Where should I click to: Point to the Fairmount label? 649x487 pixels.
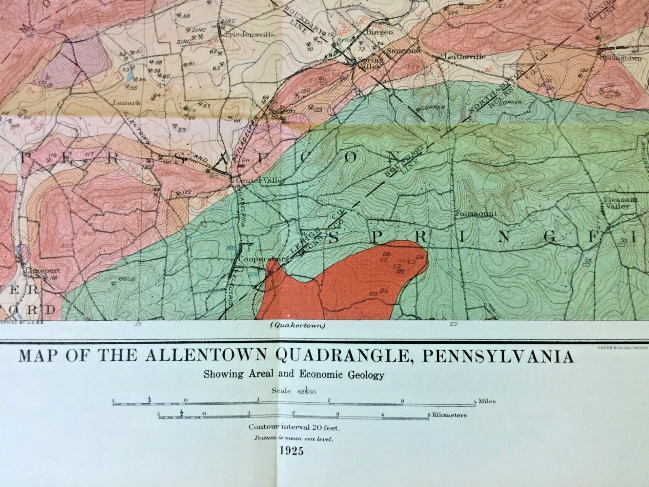click(467, 213)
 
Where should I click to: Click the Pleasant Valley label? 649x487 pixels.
click(615, 203)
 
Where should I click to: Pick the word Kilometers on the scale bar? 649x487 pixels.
click(449, 415)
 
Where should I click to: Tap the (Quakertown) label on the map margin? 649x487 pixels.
click(297, 325)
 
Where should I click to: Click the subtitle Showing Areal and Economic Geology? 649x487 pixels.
click(294, 374)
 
